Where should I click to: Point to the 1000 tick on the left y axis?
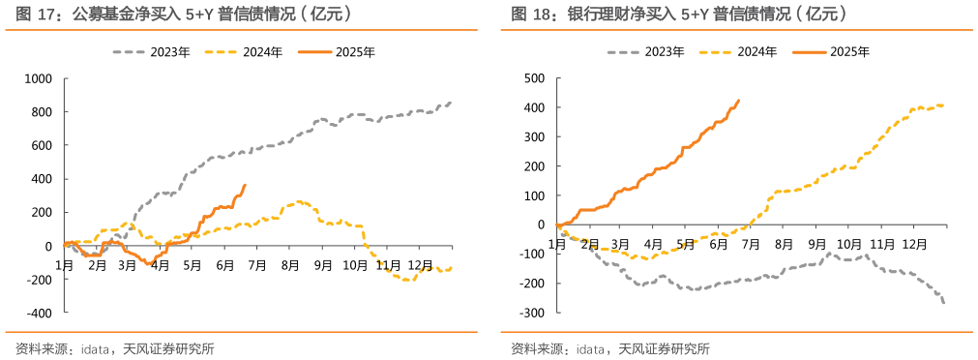point(38,78)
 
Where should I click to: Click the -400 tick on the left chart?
point(39,314)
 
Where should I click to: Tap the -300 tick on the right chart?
point(533,313)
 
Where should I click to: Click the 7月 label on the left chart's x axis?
point(256,263)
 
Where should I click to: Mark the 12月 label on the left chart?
point(420,263)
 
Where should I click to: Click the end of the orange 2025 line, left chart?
point(245,185)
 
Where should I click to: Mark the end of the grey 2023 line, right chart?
point(943,303)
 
